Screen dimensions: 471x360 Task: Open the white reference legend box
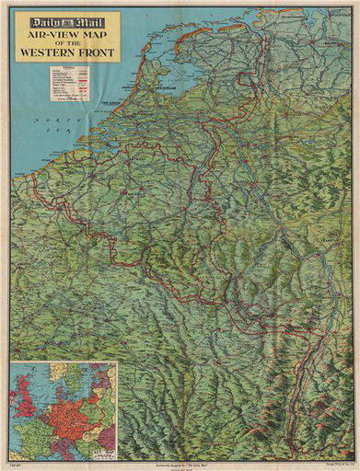73,84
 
